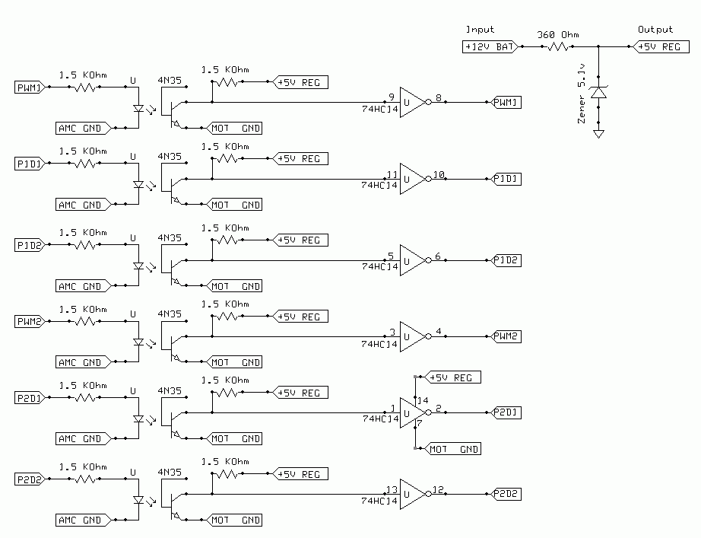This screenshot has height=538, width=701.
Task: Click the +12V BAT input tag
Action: click(x=490, y=46)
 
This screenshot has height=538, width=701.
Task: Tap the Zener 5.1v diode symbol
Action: click(x=599, y=92)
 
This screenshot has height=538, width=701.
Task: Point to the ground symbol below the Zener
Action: click(x=599, y=134)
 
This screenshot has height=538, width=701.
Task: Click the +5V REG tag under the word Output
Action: click(x=658, y=46)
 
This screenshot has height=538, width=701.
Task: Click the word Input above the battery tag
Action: click(x=479, y=30)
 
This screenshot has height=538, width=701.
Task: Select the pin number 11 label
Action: click(x=392, y=173)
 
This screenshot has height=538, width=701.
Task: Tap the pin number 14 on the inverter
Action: click(x=423, y=400)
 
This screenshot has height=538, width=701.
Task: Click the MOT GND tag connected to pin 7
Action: click(x=455, y=449)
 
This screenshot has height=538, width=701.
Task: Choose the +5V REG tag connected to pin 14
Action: click(x=454, y=377)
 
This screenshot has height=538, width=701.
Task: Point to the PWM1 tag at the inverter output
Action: click(x=507, y=102)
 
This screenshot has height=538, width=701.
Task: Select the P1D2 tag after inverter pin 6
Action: click(x=507, y=260)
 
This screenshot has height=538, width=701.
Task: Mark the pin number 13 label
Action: click(x=392, y=489)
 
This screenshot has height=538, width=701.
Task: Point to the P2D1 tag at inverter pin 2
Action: click(x=507, y=412)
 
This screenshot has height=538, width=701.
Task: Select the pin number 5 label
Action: click(x=390, y=256)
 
